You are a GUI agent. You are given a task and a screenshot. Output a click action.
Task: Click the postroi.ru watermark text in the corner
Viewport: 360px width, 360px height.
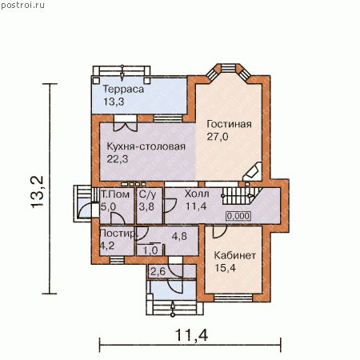(22, 5)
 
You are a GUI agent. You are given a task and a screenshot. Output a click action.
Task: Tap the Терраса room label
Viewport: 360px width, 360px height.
(123, 89)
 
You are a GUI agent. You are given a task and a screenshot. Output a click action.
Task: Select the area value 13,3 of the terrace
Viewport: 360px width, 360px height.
(114, 102)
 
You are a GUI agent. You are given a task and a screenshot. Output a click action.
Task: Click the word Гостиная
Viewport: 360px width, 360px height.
(229, 124)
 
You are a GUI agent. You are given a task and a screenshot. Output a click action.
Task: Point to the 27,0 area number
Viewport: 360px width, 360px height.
(218, 137)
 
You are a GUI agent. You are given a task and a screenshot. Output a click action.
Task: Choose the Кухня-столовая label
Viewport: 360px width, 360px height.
(146, 146)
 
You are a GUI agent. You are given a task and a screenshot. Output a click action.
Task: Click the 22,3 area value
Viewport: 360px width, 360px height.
(118, 159)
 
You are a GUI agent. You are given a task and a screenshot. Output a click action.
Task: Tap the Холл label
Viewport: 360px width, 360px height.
(197, 194)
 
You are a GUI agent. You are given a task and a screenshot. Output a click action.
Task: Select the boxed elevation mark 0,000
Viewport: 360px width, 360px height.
(238, 216)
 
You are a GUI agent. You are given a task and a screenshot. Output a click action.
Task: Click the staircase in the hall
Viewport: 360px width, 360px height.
(242, 196)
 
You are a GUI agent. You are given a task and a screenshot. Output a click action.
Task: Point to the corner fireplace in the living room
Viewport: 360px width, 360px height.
(253, 171)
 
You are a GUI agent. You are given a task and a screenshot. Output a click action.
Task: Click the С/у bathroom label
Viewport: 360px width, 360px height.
(147, 194)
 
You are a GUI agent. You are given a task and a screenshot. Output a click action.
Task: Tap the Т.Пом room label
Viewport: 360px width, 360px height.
(115, 194)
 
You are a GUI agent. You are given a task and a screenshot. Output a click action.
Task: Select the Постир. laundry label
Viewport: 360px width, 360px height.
(118, 234)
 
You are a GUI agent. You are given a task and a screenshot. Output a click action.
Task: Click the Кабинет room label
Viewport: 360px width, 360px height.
(235, 255)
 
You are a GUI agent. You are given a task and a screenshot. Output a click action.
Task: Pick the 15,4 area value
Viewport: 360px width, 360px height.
(226, 268)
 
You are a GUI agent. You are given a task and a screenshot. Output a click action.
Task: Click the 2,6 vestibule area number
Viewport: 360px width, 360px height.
(158, 272)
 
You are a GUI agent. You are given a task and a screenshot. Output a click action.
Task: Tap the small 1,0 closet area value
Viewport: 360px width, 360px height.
(150, 250)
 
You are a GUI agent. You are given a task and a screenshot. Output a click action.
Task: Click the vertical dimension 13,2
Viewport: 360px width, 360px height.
(37, 192)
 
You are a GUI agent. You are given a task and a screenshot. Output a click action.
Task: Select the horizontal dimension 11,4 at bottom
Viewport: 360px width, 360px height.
(191, 335)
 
